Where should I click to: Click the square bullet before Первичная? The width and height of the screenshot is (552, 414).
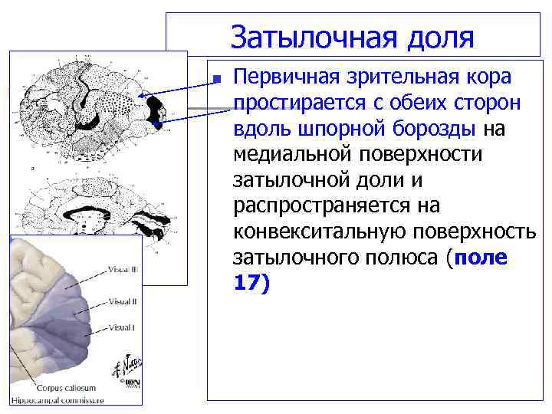[x=217, y=79]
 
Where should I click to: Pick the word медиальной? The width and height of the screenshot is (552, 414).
[x=298, y=154]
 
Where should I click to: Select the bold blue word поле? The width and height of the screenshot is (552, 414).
[x=481, y=257]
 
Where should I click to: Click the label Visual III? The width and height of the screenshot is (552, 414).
[x=123, y=269]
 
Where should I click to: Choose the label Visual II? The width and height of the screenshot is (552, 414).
[x=122, y=301]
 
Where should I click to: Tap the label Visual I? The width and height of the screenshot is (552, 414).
[x=121, y=328]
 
